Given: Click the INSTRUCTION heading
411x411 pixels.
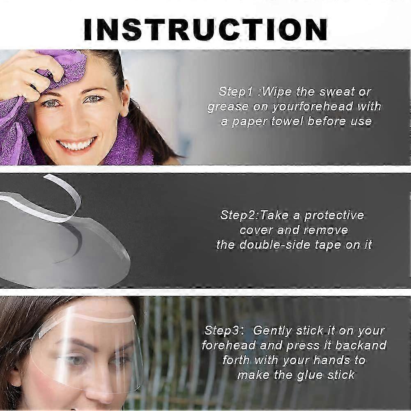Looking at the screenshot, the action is point(205,30).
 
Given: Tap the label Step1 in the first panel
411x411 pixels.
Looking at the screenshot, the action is point(236,92).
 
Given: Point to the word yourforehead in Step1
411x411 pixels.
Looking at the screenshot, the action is point(312,107).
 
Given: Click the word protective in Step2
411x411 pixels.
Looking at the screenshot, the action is point(334,216).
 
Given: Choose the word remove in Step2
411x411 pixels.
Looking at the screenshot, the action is point(326,230).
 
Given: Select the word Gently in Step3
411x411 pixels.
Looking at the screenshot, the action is point(273,331).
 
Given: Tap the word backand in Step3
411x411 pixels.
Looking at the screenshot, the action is point(361,345).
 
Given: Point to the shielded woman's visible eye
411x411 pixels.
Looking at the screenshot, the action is point(74,360).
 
